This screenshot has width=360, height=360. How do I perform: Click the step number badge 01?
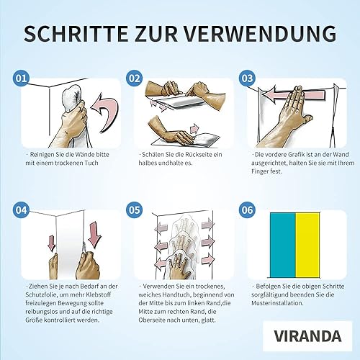point(21,78)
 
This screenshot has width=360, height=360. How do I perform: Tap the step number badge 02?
point(135,78)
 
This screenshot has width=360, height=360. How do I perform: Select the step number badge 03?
point(247,78)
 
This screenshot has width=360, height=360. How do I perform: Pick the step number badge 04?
point(21,210)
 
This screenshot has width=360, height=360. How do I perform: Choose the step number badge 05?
point(135,210)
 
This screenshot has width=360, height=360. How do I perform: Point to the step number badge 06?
point(247,210)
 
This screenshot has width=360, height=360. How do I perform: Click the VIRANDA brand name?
point(307,336)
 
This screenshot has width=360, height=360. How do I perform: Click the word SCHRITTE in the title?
point(76,34)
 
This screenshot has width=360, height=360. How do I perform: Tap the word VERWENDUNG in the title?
point(260,34)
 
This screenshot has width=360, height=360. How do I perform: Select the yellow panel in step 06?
point(307,245)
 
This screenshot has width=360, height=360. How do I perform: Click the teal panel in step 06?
point(283,245)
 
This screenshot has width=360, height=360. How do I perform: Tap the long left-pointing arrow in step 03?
point(294,94)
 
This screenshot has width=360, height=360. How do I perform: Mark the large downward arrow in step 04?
point(94,235)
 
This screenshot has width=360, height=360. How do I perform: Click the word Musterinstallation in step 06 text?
point(277,303)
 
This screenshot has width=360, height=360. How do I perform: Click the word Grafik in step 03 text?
point(296,155)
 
